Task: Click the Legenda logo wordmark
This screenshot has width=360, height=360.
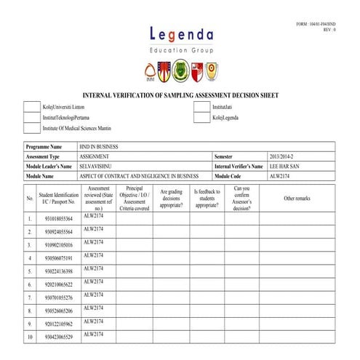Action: click(x=181, y=35)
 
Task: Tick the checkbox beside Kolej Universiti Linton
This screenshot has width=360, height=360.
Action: click(x=32, y=106)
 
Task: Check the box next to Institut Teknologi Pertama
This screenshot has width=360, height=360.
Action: click(x=32, y=117)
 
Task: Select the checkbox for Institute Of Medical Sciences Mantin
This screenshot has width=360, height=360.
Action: click(x=32, y=128)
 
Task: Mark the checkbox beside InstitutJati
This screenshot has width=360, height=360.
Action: click(x=201, y=106)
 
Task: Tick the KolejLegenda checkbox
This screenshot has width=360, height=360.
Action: click(x=201, y=117)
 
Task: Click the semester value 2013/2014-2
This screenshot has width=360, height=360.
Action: click(x=284, y=156)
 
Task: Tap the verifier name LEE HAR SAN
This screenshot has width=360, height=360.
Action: click(x=285, y=167)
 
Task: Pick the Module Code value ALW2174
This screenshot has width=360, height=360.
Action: click(x=280, y=176)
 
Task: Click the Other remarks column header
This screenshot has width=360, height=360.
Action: click(x=297, y=198)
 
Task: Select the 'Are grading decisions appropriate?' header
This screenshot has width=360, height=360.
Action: click(x=172, y=198)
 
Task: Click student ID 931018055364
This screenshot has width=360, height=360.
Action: click(x=58, y=218)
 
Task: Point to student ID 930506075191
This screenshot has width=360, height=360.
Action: click(x=58, y=257)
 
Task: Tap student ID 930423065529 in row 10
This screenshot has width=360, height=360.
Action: click(x=58, y=337)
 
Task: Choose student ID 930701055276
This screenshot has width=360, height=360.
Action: click(x=58, y=297)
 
